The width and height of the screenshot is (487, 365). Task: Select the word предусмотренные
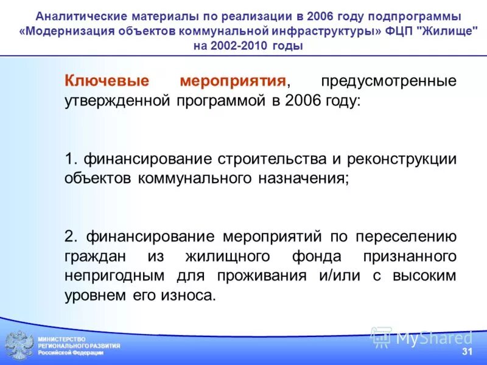[x=389, y=81]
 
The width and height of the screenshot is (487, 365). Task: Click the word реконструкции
[x=402, y=159]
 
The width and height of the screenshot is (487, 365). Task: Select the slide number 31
[x=467, y=352]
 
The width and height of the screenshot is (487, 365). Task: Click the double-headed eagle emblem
[x=19, y=344]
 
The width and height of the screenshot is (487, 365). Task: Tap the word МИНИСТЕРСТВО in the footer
[x=62, y=339]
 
